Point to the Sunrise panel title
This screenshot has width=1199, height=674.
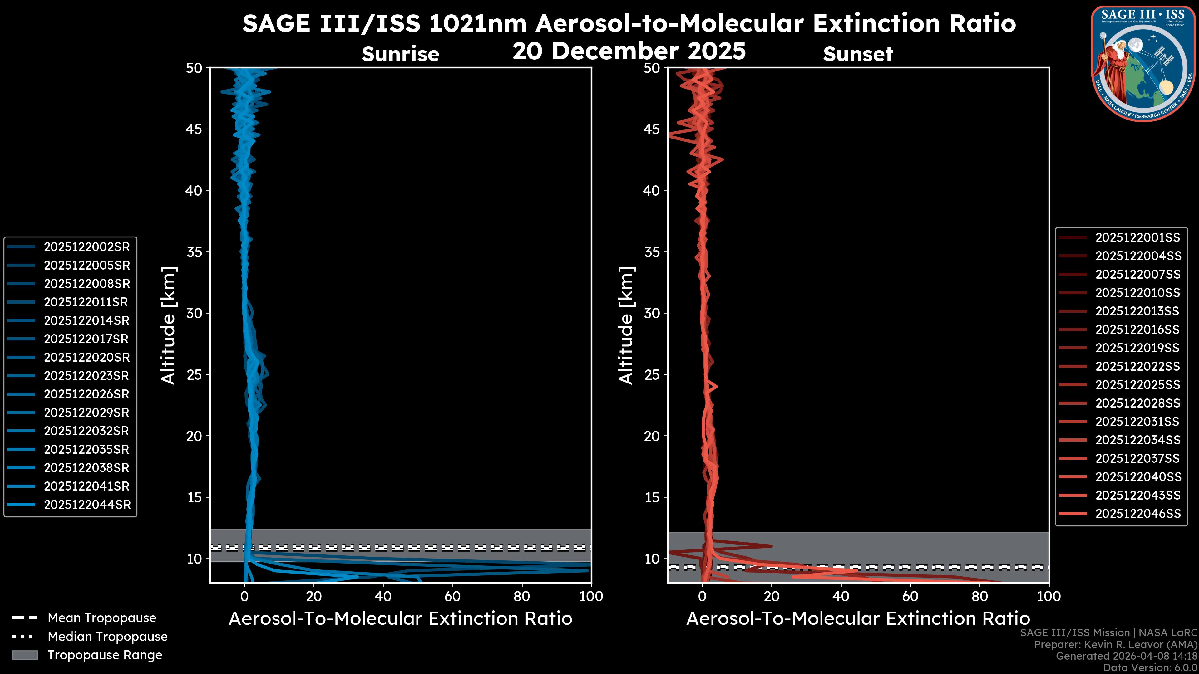click(400, 54)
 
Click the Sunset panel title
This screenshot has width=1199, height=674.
click(857, 54)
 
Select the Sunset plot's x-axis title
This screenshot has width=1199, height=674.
click(857, 619)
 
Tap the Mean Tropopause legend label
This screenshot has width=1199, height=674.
click(101, 618)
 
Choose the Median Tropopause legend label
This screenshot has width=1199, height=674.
click(107, 637)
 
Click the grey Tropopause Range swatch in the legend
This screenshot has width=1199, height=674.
click(25, 655)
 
